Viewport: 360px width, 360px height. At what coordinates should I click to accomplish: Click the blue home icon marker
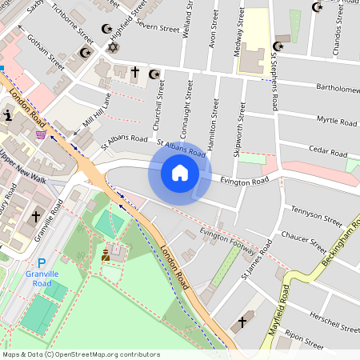pos(180,172)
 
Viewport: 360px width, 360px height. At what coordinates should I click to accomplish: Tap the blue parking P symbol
pos(42,263)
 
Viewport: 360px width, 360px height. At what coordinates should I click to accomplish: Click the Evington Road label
pos(246,182)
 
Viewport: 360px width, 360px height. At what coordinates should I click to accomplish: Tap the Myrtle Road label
pos(336,122)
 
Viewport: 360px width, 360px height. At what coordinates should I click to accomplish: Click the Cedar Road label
pos(329,153)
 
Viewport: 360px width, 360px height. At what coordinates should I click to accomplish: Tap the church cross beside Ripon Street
pos(242,323)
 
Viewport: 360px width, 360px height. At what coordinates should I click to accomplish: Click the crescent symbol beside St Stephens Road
pos(279,46)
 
